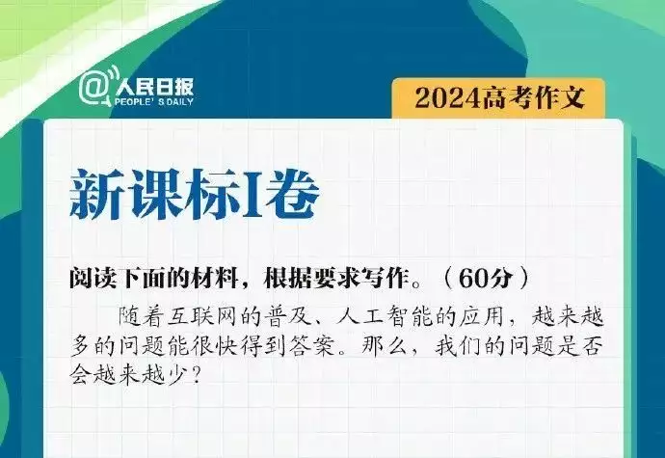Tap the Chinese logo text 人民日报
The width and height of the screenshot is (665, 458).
[x=154, y=88]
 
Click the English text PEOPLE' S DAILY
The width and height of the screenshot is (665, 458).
[x=154, y=102]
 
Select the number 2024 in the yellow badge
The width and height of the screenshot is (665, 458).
[x=448, y=98]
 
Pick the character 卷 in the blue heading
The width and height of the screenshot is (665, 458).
[x=291, y=195]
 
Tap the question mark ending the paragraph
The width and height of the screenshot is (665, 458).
[x=196, y=375]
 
